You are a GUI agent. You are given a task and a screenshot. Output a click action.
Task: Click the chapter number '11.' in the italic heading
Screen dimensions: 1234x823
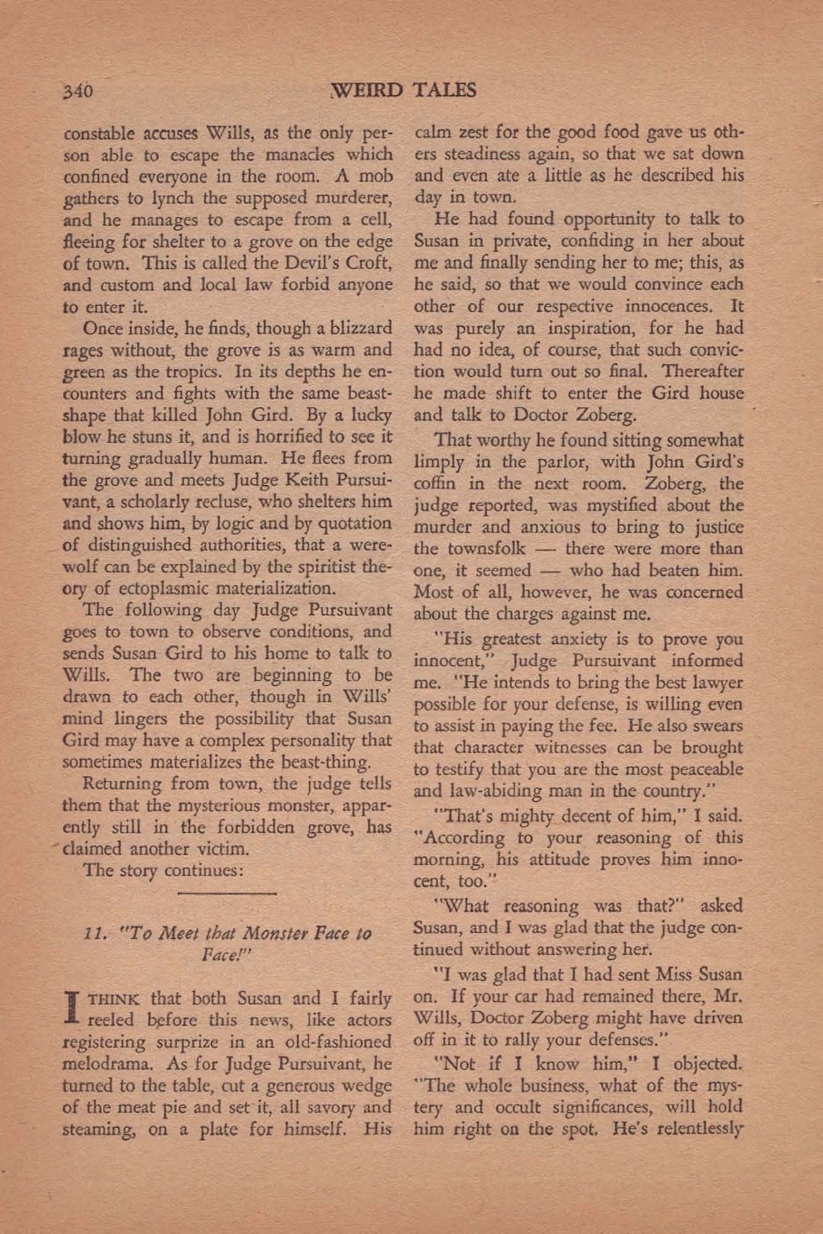[93, 933]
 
